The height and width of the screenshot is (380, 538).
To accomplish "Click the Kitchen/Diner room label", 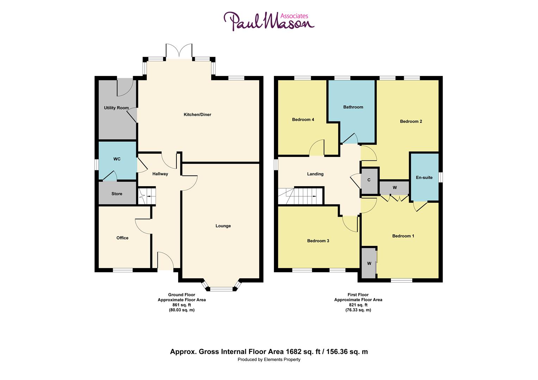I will coord(197,114).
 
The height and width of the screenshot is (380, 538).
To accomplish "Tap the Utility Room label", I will coord(116,108).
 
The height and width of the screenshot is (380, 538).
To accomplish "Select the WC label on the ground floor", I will coord(117,159).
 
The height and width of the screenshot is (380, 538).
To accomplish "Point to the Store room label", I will coord(117,194).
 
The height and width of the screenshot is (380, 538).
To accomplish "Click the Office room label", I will coord(123,238).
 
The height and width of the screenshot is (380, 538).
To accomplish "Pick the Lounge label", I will coord(223,226).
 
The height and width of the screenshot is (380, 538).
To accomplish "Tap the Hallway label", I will coord(160,174).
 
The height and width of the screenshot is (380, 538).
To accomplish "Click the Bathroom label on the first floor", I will coord(353,107).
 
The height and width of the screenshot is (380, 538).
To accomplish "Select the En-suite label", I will coord(424,178).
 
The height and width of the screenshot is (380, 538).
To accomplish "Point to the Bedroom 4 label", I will coord(303,120).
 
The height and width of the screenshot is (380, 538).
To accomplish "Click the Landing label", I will coord(315,174).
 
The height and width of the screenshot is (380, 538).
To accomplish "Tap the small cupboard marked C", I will coord(369,180).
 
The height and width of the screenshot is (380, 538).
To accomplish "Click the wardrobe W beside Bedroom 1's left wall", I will coord(369,263).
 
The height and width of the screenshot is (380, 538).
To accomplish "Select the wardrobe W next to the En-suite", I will coord(395,188).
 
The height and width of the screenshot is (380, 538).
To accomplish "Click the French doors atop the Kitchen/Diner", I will coord(180,52).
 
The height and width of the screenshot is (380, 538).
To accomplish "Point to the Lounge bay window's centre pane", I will coord(221,289).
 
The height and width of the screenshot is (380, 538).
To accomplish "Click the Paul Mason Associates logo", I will coord(269,21).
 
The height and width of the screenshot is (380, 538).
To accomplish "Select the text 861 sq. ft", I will coord(181,305).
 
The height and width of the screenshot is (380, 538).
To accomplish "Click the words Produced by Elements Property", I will coord(269,360).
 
